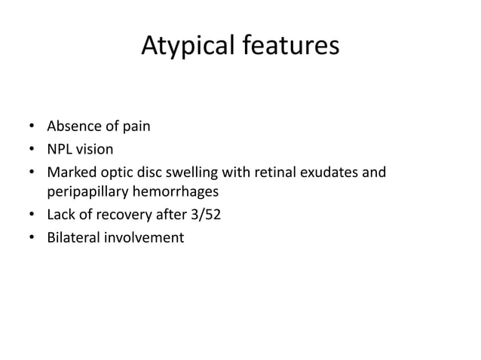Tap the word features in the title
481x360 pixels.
pos(289,48)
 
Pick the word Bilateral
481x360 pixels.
pos(72,239)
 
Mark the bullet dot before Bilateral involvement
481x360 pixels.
pos(32,239)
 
